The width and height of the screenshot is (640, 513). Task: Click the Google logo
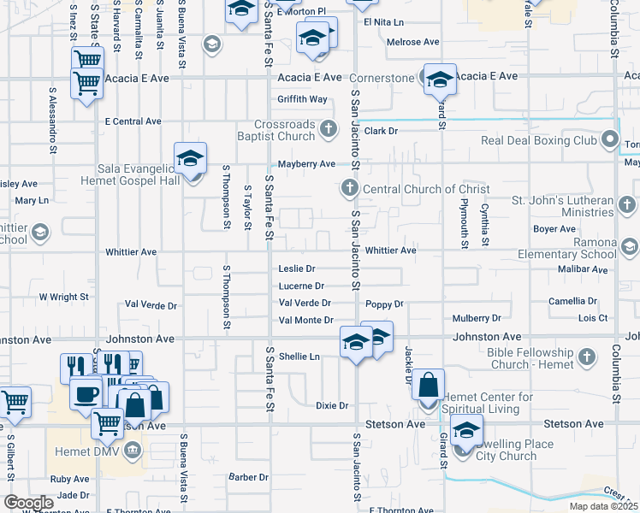tap(29, 502)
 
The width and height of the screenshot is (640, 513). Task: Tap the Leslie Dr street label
tap(298, 268)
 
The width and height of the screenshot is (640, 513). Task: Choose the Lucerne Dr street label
tap(301, 286)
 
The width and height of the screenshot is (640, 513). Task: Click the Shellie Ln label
tap(299, 357)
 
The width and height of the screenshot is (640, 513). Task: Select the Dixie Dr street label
tap(332, 405)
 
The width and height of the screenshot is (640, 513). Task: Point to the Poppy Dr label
tap(383, 304)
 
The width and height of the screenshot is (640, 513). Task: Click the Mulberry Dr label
tap(477, 318)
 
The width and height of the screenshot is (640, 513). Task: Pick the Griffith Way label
tap(302, 99)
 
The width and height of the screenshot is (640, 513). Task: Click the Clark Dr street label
tap(381, 131)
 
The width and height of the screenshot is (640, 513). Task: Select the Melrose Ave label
tap(412, 42)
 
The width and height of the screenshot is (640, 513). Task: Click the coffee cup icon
tap(86, 394)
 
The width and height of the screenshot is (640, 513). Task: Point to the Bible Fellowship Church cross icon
tap(586, 356)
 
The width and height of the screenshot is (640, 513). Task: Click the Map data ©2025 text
tap(603, 506)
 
